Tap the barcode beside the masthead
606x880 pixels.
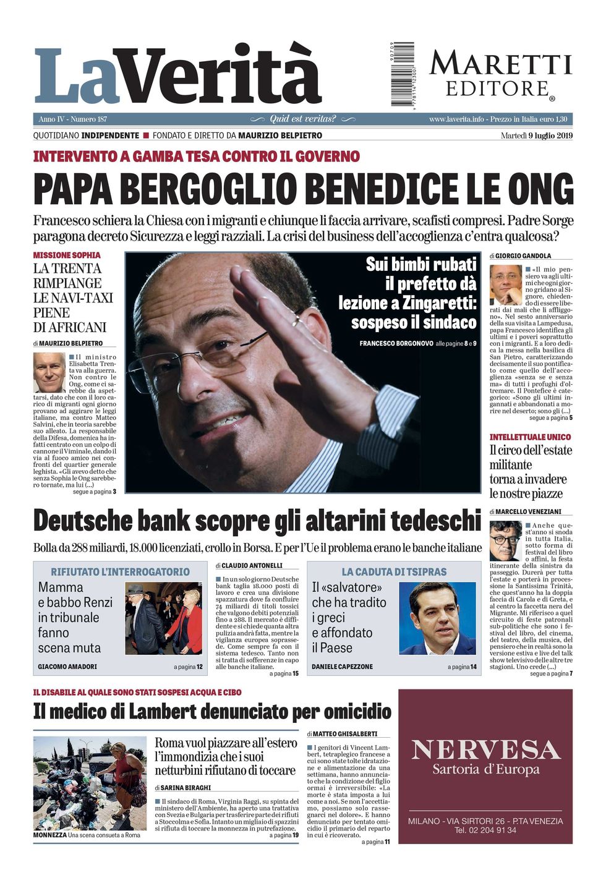pos(403,74)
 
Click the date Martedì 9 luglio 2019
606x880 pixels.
pos(537,135)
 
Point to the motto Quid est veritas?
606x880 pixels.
pos(302,119)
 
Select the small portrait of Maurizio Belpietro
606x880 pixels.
pos(49,372)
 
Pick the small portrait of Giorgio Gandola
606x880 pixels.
pos(505,284)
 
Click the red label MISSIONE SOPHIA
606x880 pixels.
pos(67,255)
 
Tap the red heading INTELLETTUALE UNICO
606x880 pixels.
pos(530,437)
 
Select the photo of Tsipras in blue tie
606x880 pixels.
pos(438,617)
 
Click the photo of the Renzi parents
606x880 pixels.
pos(163,618)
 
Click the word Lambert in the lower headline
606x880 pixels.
pos(163,711)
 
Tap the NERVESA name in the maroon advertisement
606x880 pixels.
pos(485,750)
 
